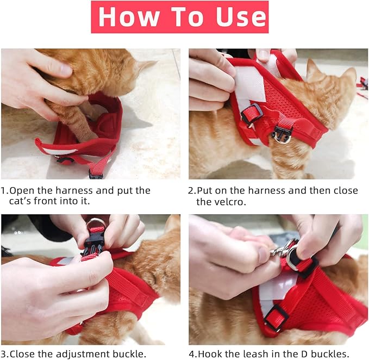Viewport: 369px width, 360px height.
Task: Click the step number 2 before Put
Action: pos(191,191)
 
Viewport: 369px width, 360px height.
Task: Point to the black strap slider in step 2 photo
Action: pos(251,113)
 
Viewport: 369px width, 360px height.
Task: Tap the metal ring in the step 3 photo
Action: pos(96,224)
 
